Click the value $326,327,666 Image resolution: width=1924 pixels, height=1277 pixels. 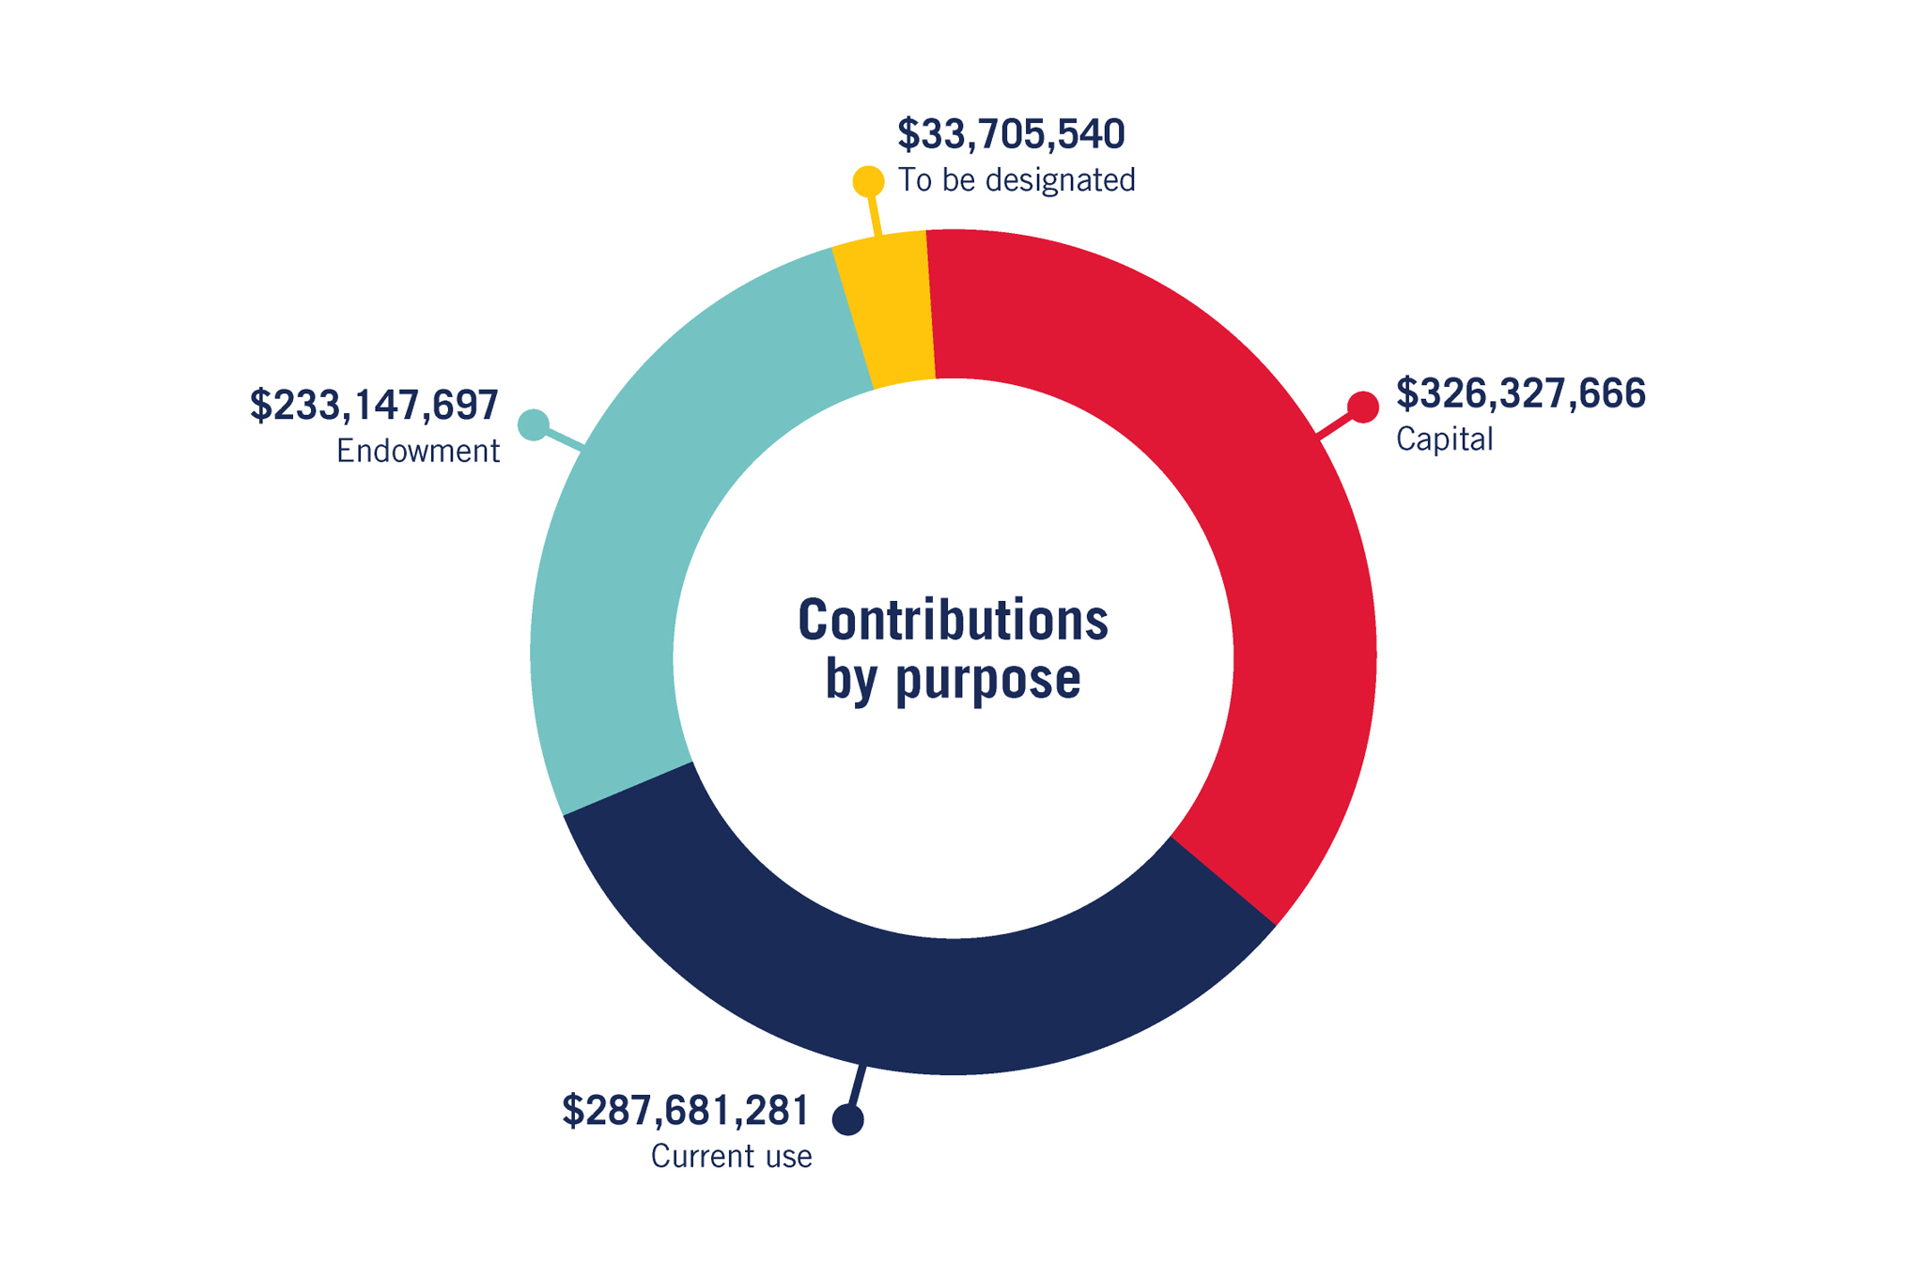1520,394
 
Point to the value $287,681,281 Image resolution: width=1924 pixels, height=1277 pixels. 685,1112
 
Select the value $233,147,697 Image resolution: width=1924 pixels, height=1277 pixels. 374,406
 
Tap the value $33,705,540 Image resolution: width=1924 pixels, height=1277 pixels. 1011,135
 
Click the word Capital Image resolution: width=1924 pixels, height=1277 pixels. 1444,439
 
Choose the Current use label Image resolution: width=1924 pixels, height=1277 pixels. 731,1157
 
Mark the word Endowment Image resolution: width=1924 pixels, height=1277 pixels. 418,452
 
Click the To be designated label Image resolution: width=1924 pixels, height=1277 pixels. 1016,180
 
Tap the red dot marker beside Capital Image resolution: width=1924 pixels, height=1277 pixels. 1363,408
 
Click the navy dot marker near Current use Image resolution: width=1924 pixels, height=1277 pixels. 848,1119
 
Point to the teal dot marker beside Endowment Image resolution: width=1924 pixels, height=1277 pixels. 534,425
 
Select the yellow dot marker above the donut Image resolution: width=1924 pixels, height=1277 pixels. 868,181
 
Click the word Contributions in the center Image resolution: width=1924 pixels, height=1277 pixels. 953,622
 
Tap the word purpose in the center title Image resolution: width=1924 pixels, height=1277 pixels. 987,680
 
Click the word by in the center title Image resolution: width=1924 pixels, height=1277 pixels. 850,680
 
